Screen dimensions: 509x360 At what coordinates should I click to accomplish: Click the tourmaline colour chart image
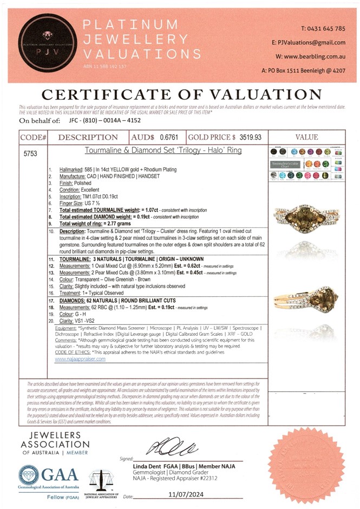pyautogui.click(x=306, y=164)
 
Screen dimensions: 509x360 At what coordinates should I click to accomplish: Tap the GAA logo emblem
pyautogui.click(x=28, y=475)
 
